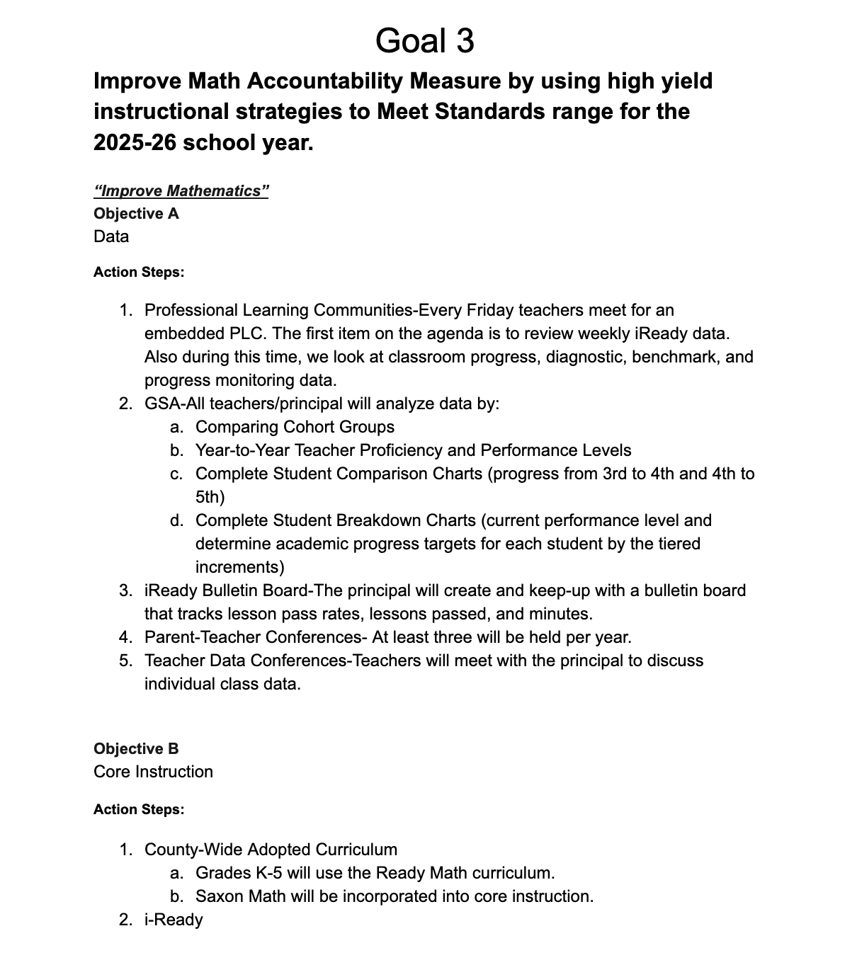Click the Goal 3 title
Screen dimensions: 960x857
[x=424, y=40]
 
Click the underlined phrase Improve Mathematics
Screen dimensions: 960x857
[x=181, y=191]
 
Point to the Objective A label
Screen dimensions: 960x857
[x=136, y=214]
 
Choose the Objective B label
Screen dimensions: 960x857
[x=136, y=749]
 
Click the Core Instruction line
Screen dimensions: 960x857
[x=153, y=772]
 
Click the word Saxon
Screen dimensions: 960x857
[x=218, y=896]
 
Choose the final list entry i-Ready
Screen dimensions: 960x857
[x=174, y=920]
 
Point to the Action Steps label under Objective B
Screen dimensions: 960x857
[x=139, y=809]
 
